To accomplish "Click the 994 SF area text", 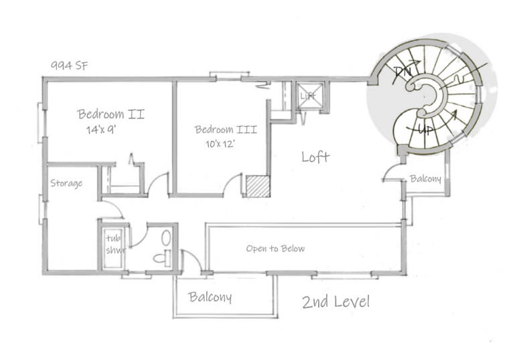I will pyautogui.click(x=70, y=66).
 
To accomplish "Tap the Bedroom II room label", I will pyautogui.click(x=111, y=114).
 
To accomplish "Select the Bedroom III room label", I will pyautogui.click(x=223, y=129).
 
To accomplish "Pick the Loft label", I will pyautogui.click(x=315, y=157).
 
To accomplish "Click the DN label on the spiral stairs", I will pyautogui.click(x=403, y=70).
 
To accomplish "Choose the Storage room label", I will pyautogui.click(x=66, y=184).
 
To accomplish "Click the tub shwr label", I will pyautogui.click(x=111, y=245).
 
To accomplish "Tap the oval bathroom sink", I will pyautogui.click(x=167, y=238).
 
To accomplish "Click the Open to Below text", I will pyautogui.click(x=275, y=249).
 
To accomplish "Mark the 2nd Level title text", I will pyautogui.click(x=336, y=302).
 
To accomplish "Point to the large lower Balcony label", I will pyautogui.click(x=210, y=297).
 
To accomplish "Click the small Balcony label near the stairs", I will pyautogui.click(x=425, y=179).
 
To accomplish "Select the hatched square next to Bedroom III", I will pyautogui.click(x=257, y=186).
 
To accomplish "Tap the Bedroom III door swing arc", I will pyautogui.click(x=232, y=184).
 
